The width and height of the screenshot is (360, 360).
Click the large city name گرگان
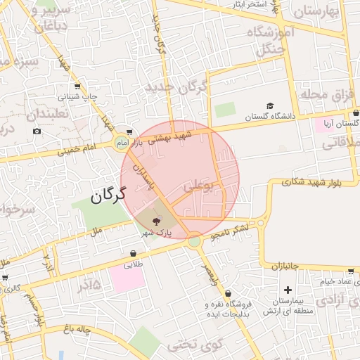click(x=108, y=195)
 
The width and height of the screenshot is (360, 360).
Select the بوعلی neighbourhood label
click(x=198, y=186)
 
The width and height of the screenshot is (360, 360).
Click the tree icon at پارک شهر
click(x=155, y=220)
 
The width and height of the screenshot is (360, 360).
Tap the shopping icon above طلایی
click(x=133, y=253)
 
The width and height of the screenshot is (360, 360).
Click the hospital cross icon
click(x=287, y=290)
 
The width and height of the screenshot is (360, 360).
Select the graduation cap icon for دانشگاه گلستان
click(x=269, y=106)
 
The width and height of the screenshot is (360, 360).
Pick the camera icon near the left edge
click(x=37, y=131)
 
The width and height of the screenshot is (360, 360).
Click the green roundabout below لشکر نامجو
click(x=194, y=241)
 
